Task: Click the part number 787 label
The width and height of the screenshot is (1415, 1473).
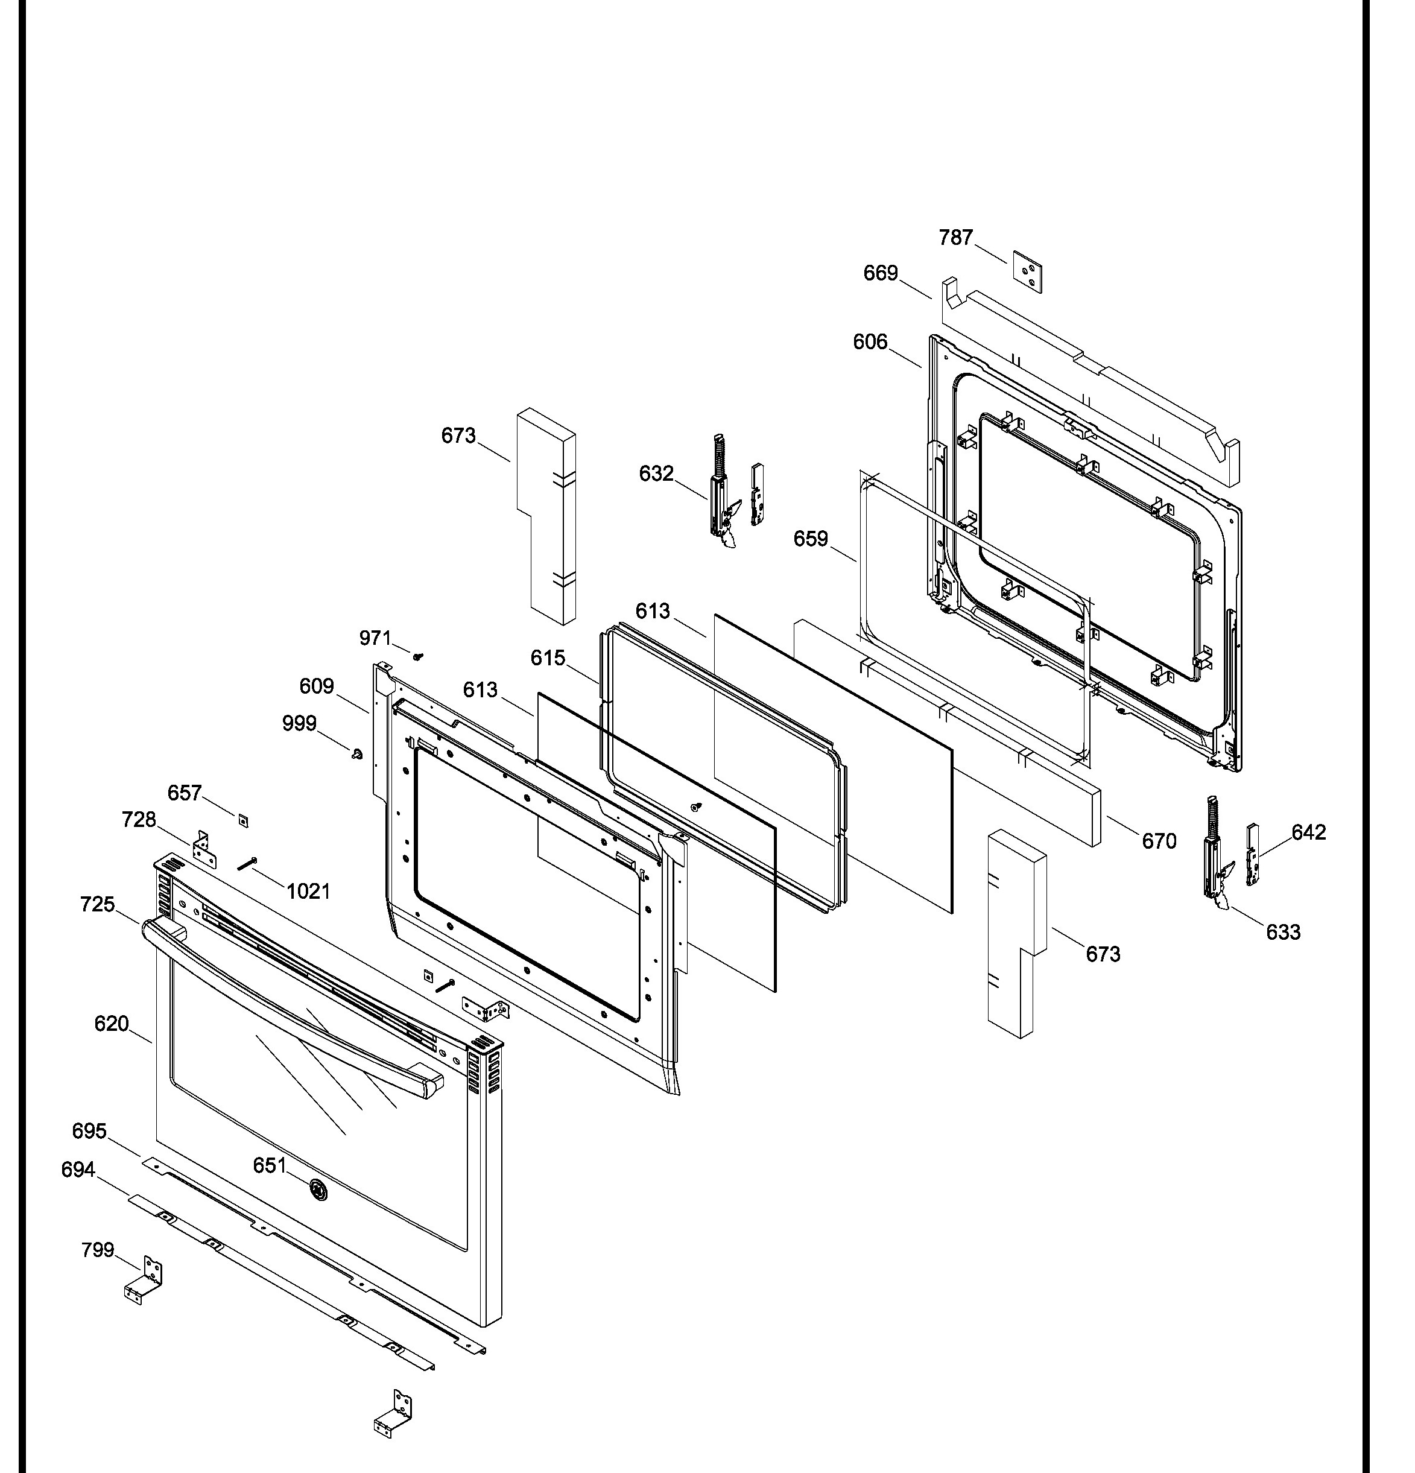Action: tap(956, 238)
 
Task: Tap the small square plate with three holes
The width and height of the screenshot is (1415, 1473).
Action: tap(1027, 271)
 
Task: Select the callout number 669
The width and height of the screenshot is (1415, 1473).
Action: tap(881, 272)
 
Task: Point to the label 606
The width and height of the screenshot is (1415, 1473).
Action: tap(870, 342)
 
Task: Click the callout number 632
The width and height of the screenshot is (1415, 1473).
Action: tap(657, 473)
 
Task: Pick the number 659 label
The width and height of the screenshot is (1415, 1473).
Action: tap(811, 538)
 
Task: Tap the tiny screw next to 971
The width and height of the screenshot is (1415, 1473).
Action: tap(419, 656)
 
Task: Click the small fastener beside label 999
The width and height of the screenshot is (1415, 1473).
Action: tap(357, 753)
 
